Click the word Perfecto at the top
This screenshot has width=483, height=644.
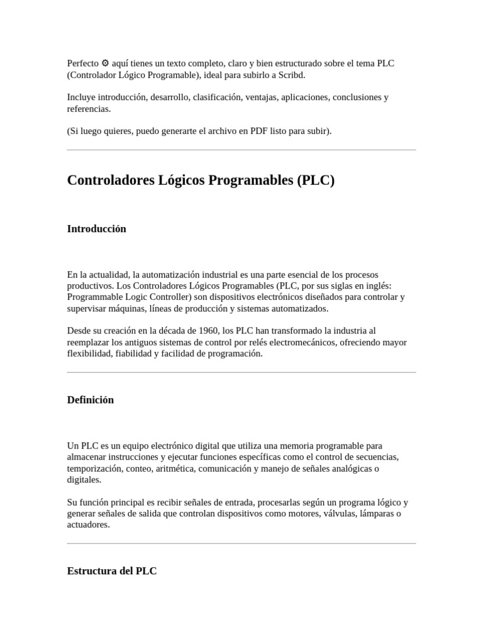[x=82, y=64]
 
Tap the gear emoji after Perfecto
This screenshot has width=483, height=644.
[x=105, y=64]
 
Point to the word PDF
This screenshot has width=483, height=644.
[x=258, y=131]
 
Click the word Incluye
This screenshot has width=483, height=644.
[x=82, y=97]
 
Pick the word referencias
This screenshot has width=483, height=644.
[x=89, y=109]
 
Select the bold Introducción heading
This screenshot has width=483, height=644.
[x=96, y=229]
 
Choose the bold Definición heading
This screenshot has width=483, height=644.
[x=90, y=400]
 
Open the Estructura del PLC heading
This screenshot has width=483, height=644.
[x=111, y=571]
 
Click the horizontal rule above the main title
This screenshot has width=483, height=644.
[x=241, y=150]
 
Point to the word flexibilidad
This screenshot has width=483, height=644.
[x=89, y=354]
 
